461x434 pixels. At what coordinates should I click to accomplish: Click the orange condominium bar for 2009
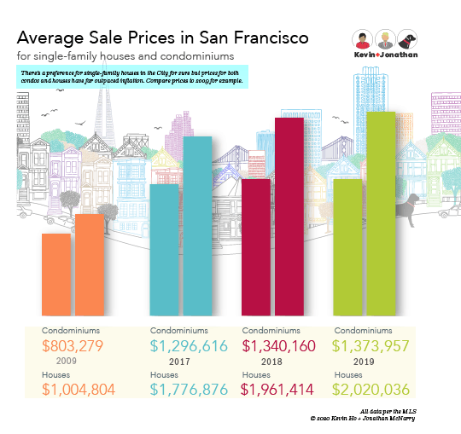click(56, 274)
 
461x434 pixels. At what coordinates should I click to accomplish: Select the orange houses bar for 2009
click(89, 264)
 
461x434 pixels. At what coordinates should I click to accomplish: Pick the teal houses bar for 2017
click(197, 225)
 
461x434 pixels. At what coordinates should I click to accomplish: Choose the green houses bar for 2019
click(381, 213)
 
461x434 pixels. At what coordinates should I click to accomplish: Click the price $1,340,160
click(279, 346)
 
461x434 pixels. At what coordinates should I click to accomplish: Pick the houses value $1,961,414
click(279, 389)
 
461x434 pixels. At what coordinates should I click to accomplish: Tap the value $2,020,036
click(372, 389)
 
